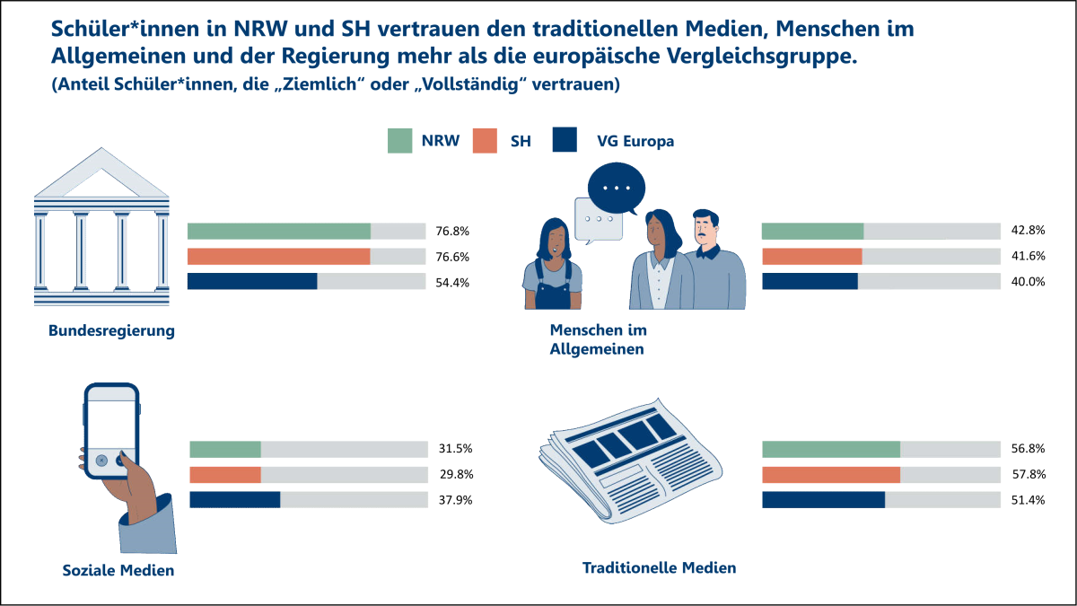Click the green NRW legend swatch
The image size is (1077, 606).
[399, 141]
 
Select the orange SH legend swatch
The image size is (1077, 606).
[483, 141]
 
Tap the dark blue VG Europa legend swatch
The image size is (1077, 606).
[565, 141]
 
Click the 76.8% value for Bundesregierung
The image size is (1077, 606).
[452, 232]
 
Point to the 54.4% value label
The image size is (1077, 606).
[452, 282]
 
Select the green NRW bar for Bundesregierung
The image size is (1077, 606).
[278, 232]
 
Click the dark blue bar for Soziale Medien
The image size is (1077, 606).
[234, 500]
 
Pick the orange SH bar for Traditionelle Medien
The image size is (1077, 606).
[830, 475]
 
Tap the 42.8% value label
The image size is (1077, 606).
[1028, 232]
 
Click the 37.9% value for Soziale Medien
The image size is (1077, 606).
[455, 500]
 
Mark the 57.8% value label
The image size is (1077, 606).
[1028, 475]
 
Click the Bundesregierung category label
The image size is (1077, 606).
[111, 331]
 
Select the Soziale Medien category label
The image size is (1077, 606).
[118, 570]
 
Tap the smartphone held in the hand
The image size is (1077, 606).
[111, 431]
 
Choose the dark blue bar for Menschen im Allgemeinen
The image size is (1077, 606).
[810, 282]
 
